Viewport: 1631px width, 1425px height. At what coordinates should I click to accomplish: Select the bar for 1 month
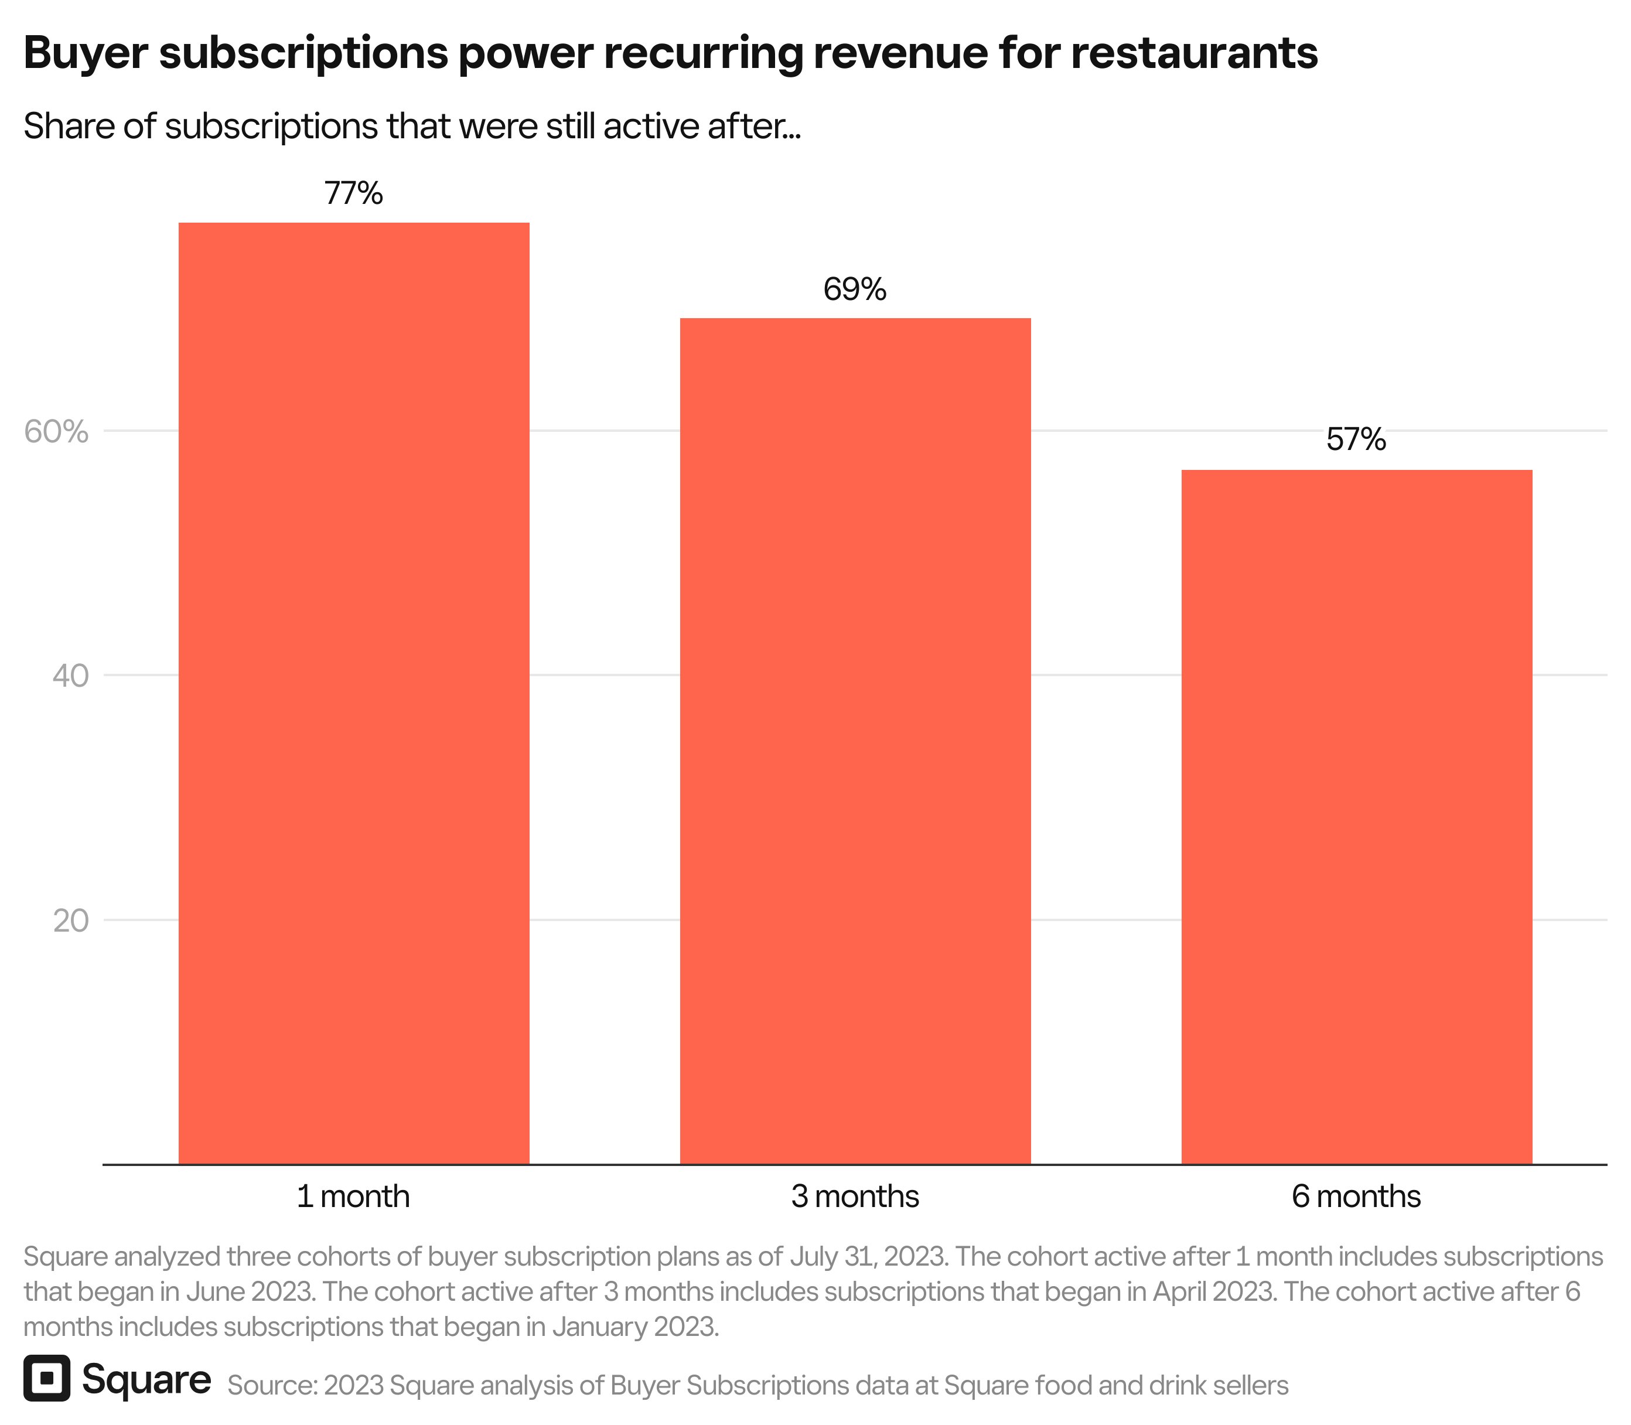pos(354,692)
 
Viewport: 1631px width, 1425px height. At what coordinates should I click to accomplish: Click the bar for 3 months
pos(855,739)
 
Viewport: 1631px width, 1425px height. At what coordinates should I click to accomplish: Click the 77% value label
pos(354,193)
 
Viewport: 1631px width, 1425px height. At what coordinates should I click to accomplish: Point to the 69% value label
pos(855,289)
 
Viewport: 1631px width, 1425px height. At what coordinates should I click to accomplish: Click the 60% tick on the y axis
pos(56,432)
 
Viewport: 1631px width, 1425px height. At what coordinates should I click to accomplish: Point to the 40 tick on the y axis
pos(70,676)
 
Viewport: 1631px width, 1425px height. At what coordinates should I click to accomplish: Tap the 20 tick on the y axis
pos(70,921)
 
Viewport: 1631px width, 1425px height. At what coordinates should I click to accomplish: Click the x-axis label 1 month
pos(353,1196)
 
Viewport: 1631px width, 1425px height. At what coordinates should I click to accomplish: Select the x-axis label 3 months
pos(855,1196)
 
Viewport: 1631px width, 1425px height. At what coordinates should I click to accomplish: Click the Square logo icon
pos(47,1378)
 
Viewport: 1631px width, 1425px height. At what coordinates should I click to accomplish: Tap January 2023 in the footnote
pos(634,1327)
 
